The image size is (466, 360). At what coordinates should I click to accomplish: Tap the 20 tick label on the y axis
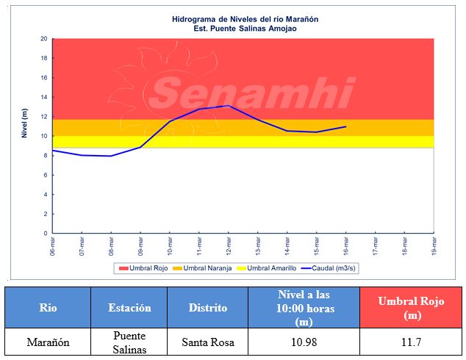coord(44,39)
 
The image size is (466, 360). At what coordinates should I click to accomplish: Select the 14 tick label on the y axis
coord(44,97)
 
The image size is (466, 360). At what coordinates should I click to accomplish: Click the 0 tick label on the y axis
coord(46,234)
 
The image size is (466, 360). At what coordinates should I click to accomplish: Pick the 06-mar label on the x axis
coord(52,246)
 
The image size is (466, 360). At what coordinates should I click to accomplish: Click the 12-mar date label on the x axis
coord(229,246)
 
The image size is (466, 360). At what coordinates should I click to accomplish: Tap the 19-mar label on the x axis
coord(434,246)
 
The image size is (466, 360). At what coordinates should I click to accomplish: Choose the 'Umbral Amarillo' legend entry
coord(265,269)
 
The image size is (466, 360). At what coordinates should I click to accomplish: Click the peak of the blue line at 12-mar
coord(229,106)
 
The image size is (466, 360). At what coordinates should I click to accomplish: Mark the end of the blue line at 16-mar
coord(345,126)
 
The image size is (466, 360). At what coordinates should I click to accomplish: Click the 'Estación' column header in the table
coord(129,308)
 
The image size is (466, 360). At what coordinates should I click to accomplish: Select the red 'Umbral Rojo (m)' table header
coord(408,308)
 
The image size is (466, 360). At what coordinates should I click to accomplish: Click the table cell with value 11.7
coord(408,342)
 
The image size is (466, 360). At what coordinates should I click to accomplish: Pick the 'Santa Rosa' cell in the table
coord(207,342)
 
